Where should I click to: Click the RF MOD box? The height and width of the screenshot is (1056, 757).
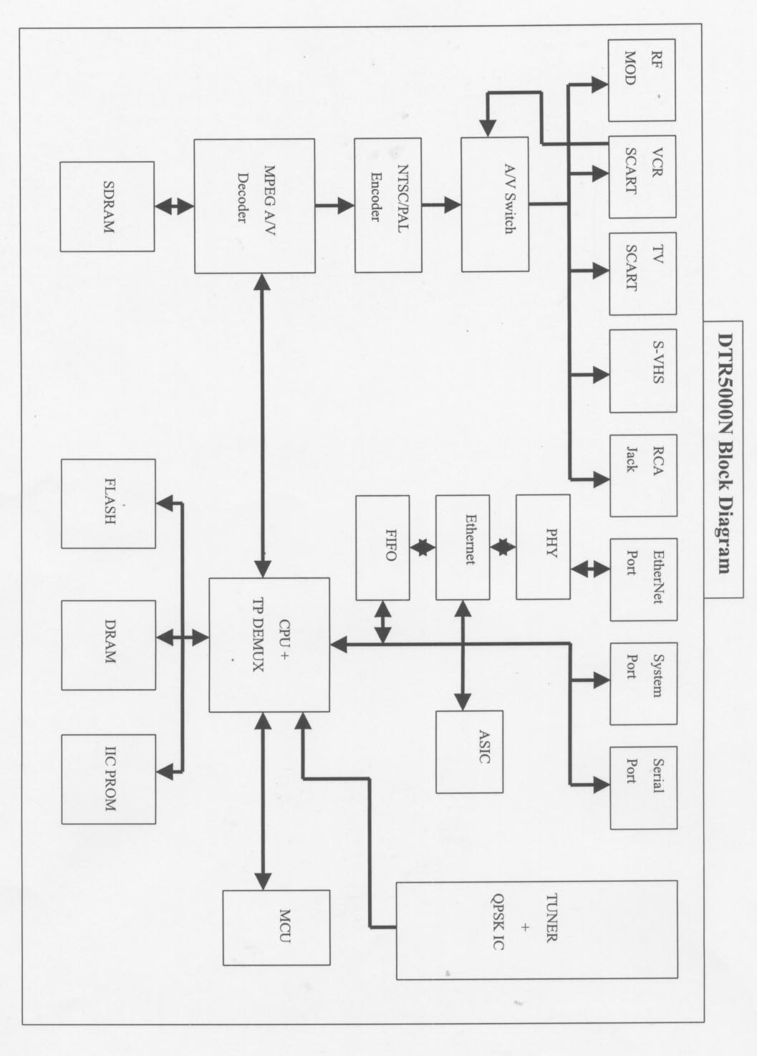coord(642,80)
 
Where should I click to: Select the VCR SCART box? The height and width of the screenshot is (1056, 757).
coord(642,176)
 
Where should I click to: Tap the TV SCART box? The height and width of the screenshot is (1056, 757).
coord(642,274)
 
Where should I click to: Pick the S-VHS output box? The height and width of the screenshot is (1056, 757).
coord(642,370)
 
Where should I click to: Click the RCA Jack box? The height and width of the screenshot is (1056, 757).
coord(642,475)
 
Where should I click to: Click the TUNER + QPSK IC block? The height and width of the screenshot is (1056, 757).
coord(536,929)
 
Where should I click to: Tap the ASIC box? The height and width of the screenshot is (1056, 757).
coord(469,751)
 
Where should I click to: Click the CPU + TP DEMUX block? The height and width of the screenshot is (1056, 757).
coord(269,645)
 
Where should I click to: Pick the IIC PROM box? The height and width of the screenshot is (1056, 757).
coord(108,779)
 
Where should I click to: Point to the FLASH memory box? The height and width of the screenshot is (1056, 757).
coord(108,504)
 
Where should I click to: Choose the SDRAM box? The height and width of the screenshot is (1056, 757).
coord(107,206)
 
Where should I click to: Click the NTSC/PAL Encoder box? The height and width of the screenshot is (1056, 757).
coord(387,204)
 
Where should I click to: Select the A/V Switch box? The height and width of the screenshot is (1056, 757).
coord(494,204)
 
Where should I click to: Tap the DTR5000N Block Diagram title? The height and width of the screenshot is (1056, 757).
coord(725,459)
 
